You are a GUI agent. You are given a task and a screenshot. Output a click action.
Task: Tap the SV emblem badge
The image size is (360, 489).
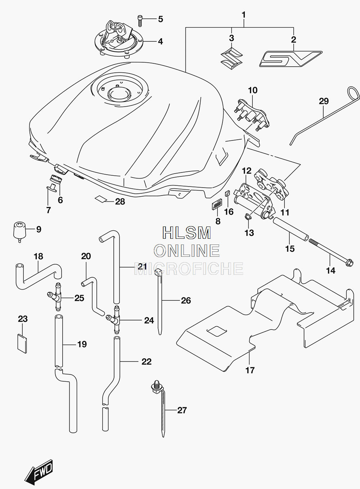pyautogui.click(x=291, y=59)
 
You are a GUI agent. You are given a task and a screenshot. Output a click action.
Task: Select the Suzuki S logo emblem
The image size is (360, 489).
pyautogui.click(x=231, y=57)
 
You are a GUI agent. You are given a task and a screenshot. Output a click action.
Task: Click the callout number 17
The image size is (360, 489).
pyautogui.click(x=250, y=370)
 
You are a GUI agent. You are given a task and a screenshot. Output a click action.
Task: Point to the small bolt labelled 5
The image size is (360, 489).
pyautogui.click(x=140, y=21)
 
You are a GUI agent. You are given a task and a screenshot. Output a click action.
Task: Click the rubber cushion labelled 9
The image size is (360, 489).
pyautogui.click(x=19, y=232)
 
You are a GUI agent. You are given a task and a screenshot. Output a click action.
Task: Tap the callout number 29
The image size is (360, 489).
pyautogui.click(x=324, y=101)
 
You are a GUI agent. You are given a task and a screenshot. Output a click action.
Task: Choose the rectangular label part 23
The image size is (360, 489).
pyautogui.click(x=22, y=343)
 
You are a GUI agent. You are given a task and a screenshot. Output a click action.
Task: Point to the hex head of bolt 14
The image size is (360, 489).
pyautogui.click(x=349, y=262)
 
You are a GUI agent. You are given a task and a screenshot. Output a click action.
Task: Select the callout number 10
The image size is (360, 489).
pyautogui.click(x=253, y=90)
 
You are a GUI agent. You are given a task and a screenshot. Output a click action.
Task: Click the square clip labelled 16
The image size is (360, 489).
pyautogui.click(x=228, y=193)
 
